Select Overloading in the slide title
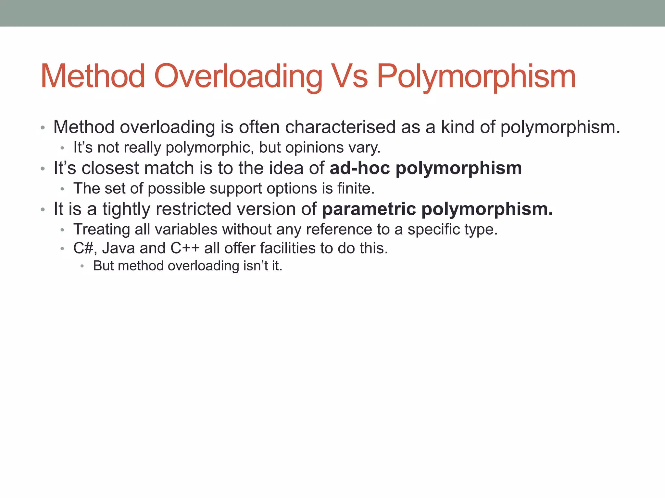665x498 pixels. click(x=238, y=77)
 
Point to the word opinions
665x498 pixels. click(x=314, y=148)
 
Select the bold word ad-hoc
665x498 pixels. click(x=359, y=168)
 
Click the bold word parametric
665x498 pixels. click(x=369, y=209)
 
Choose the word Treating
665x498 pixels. click(x=102, y=230)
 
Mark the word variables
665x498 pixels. click(x=186, y=230)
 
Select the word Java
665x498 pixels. click(x=118, y=248)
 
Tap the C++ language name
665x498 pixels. click(x=185, y=248)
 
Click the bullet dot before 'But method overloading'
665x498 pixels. click(x=82, y=267)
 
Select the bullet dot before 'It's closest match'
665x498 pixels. click(x=43, y=169)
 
